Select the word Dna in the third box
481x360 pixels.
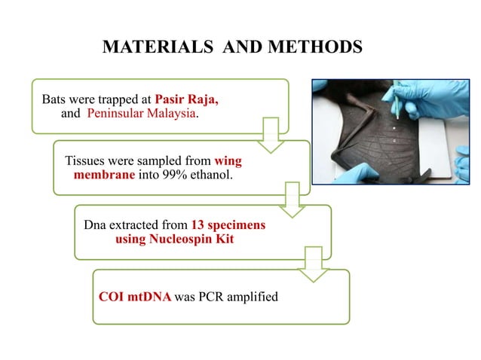(98, 225)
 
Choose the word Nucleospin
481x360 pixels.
(179, 239)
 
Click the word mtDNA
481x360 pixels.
(150, 297)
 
